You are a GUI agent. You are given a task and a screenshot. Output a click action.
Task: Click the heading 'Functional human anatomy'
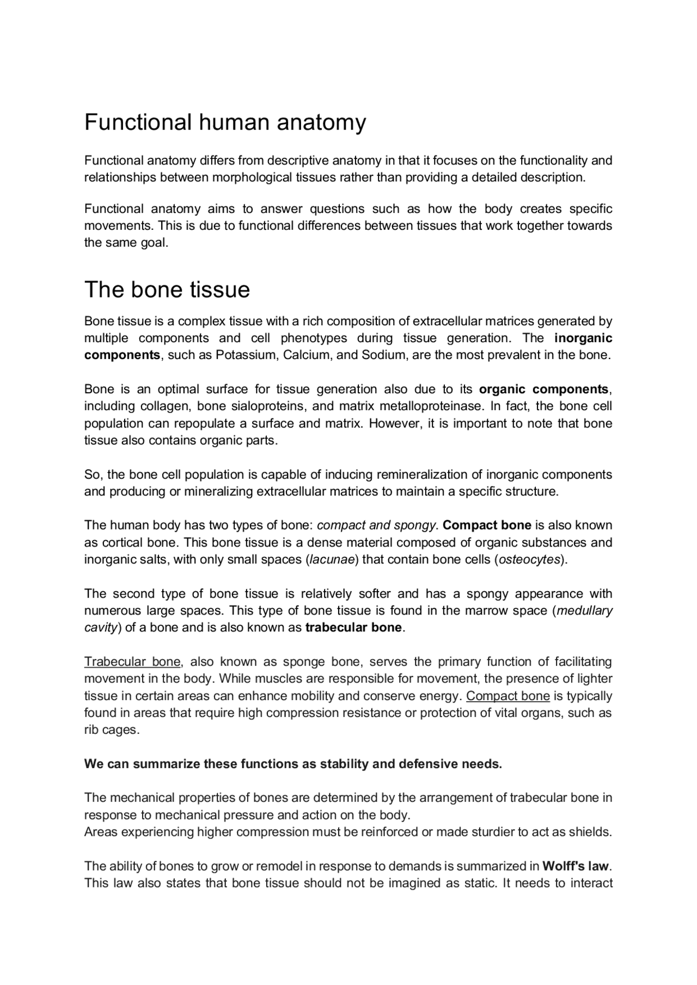pos(225,123)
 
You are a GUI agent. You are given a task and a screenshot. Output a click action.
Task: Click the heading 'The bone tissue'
pos(167,289)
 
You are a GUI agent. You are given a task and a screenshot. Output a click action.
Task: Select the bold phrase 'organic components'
pos(543,389)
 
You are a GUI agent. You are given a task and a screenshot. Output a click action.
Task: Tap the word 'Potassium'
pos(243,355)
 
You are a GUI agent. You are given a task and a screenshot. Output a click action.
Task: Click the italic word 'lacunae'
pos(332,560)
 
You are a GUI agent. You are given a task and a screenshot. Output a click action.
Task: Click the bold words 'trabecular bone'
pos(353,628)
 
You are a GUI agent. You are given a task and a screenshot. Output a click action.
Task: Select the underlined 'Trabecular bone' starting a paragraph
pos(132,662)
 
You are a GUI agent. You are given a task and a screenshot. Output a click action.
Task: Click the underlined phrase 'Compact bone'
pos(508,696)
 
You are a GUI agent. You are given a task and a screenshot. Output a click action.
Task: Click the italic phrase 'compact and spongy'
pos(376,525)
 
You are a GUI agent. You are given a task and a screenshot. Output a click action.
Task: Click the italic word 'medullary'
pos(584,611)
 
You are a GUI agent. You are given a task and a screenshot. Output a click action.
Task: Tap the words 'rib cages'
pos(111,730)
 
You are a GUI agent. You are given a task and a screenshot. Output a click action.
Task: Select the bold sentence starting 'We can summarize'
pos(293,764)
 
